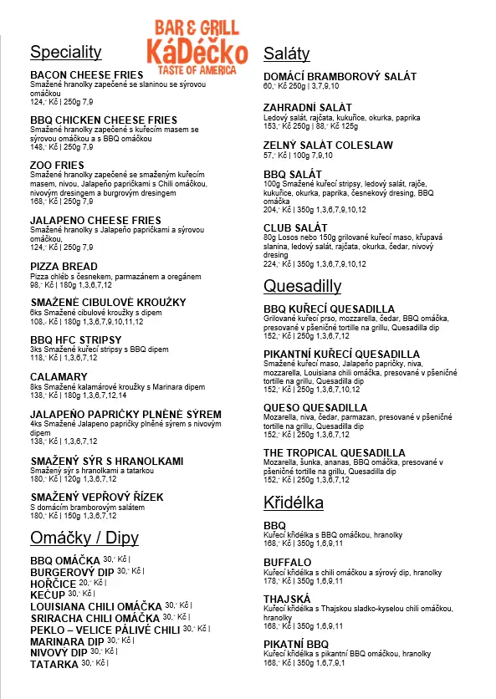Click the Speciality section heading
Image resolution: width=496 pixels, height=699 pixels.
click(66, 53)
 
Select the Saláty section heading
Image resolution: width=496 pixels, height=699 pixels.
click(286, 54)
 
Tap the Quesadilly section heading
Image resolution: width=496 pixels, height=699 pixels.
click(302, 287)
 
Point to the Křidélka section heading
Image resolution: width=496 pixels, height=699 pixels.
click(293, 503)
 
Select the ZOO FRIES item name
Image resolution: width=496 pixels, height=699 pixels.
click(57, 166)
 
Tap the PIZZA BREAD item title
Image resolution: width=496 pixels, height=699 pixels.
click(64, 266)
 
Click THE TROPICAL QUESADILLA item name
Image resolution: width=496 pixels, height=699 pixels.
click(334, 453)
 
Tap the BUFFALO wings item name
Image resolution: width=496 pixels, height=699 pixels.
click(287, 563)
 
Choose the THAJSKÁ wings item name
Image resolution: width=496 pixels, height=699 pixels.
click(287, 599)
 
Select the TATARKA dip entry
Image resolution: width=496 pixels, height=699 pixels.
click(54, 664)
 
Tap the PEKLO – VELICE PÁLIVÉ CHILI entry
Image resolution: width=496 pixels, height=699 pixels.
click(105, 629)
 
